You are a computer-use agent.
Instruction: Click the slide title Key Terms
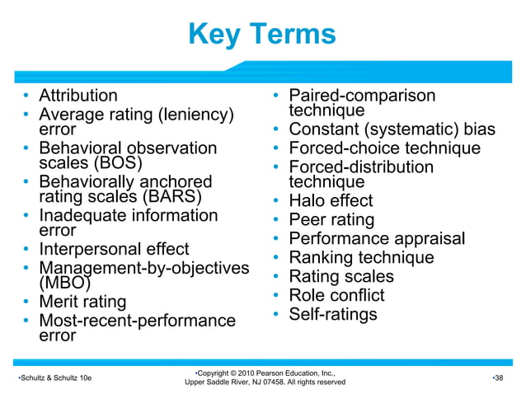pyautogui.click(x=262, y=35)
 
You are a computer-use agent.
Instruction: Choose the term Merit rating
pyautogui.click(x=82, y=302)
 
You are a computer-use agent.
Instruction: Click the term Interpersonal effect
pyautogui.click(x=114, y=249)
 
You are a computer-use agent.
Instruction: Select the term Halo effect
pyautogui.click(x=330, y=201)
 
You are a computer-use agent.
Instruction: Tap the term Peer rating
pyautogui.click(x=331, y=220)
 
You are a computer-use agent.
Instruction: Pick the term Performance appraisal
pyautogui.click(x=377, y=239)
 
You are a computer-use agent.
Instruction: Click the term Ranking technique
pyautogui.click(x=361, y=258)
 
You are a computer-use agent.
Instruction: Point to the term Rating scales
pyautogui.click(x=341, y=277)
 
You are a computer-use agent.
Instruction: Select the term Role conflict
pyautogui.click(x=336, y=295)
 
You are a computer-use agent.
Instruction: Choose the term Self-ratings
pyautogui.click(x=332, y=314)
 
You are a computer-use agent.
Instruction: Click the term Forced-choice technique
pyautogui.click(x=384, y=148)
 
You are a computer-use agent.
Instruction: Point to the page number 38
pyautogui.click(x=497, y=378)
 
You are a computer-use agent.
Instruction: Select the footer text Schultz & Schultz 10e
pyautogui.click(x=54, y=378)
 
